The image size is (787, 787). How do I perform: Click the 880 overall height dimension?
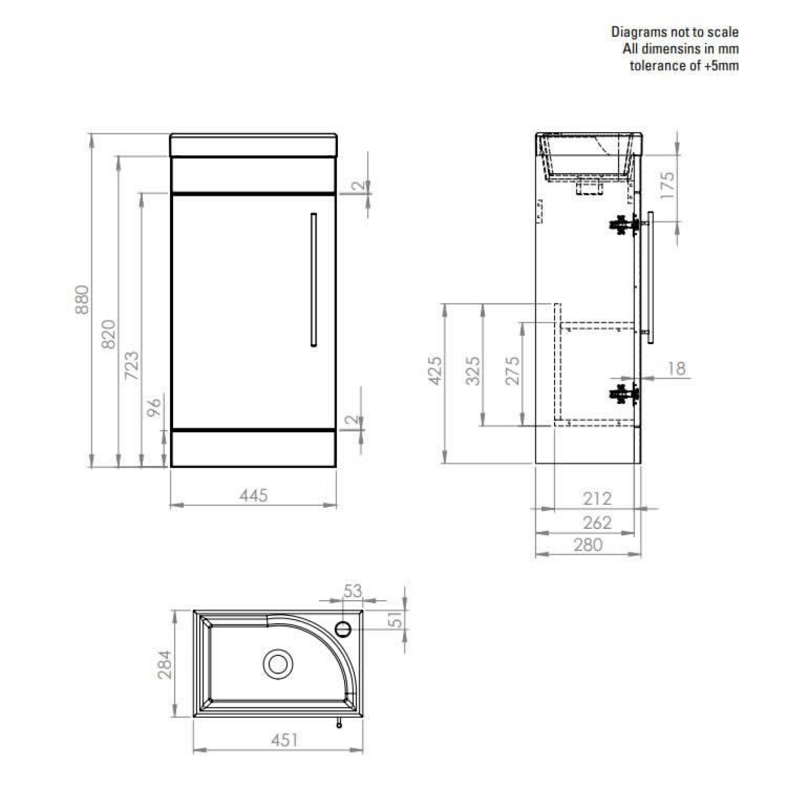82,300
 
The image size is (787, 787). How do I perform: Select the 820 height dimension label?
109,334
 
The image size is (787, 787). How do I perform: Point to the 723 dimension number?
132,365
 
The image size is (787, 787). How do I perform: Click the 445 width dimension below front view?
253,496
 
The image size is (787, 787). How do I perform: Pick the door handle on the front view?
313,280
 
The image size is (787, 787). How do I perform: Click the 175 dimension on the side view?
667,185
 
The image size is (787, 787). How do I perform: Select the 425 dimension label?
435,371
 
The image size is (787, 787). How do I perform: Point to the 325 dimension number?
473,371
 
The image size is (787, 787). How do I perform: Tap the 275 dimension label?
513,371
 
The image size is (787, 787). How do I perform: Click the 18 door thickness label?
676,369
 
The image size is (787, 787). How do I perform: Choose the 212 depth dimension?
597,498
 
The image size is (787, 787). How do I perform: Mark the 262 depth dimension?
597,523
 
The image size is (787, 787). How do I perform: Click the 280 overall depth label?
588,545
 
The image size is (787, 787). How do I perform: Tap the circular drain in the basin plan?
278,664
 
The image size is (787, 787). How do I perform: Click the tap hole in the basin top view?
343,629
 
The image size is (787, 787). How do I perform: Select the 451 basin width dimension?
284,740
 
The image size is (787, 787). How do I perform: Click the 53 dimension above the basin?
352,591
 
